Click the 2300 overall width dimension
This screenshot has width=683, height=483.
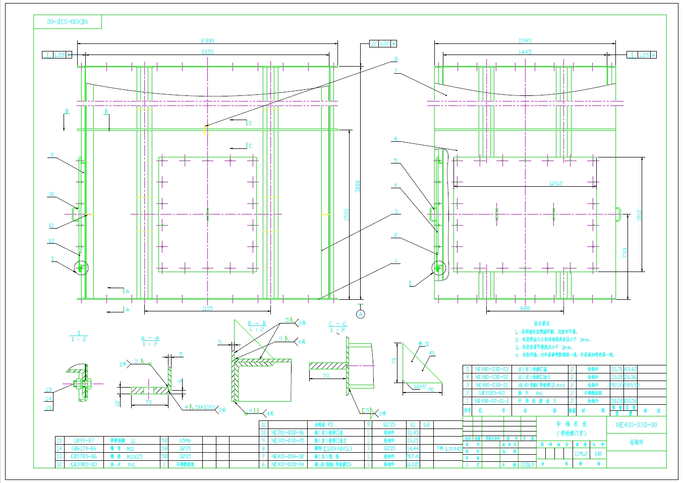tap(207, 41)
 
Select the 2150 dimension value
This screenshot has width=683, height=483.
tap(207, 52)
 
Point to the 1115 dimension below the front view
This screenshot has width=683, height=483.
tap(207, 308)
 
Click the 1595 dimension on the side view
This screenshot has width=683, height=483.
tap(525, 41)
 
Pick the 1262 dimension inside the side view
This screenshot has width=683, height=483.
tap(556, 183)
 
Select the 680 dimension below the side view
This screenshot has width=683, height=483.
tap(525, 308)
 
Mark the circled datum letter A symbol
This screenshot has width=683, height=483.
tap(360, 314)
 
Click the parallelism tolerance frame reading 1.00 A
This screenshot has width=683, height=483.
tap(383, 44)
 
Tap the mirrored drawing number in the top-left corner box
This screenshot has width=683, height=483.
tap(68, 22)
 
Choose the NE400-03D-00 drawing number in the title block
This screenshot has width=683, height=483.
tap(637, 425)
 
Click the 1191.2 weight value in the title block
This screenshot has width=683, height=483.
tap(581, 454)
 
